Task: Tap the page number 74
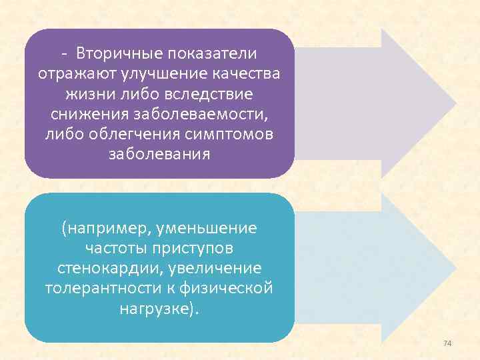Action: click(447, 343)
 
